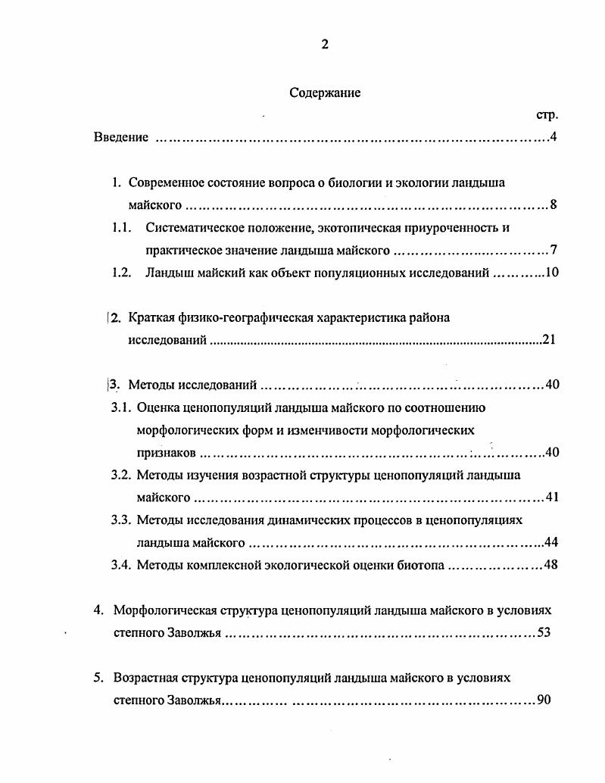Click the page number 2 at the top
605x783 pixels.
325,44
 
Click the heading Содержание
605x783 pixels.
325,93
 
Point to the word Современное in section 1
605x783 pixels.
164,182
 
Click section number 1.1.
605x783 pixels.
122,227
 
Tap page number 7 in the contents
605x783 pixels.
554,250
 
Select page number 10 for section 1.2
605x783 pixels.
551,273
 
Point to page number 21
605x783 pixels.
550,340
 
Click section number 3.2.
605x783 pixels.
122,475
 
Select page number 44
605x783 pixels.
551,542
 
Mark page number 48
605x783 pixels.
551,565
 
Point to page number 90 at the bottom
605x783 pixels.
543,700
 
